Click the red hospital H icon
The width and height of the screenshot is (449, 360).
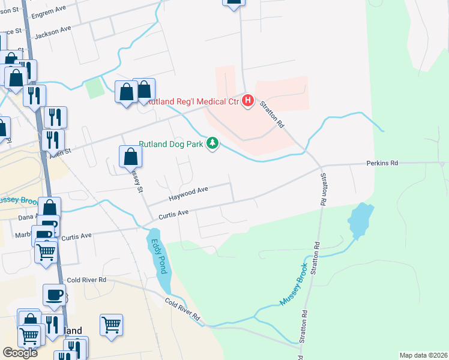coord(247,101)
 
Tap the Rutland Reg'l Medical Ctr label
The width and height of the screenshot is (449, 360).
coord(191,101)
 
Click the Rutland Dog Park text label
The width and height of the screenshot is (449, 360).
coord(171,144)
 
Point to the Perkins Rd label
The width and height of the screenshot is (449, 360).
coord(382,163)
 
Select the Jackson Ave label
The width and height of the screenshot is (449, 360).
coord(53,32)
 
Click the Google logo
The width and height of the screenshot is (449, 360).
coord(20,353)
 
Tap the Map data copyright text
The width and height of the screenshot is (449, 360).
coord(424,355)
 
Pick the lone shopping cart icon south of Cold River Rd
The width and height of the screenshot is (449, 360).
coord(111,325)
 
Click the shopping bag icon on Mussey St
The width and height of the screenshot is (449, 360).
coord(130,157)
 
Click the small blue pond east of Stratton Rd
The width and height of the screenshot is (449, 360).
coord(360,219)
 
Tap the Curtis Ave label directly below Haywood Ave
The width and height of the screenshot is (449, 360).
coord(173,213)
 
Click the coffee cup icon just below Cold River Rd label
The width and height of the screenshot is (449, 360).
coord(55,295)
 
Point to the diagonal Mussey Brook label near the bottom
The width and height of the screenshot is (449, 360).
coord(294,284)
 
